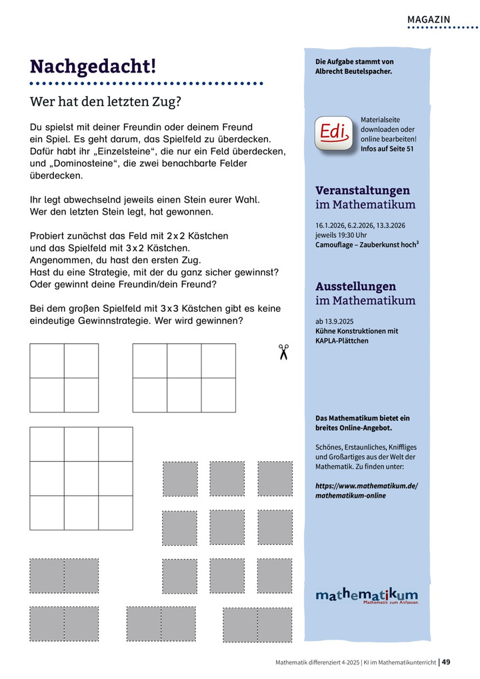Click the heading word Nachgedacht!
click(x=93, y=67)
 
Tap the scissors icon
click(x=283, y=352)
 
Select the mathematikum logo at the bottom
click(x=367, y=595)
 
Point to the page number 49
click(x=447, y=662)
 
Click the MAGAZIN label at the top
click(x=429, y=19)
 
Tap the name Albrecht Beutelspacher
click(x=353, y=71)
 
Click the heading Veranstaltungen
click(x=363, y=191)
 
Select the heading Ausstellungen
click(x=355, y=287)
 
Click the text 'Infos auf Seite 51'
click(x=387, y=149)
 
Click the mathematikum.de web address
click(x=366, y=490)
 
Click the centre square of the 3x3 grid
click(x=81, y=478)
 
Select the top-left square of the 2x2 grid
click(x=47, y=360)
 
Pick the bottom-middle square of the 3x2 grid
click(x=184, y=395)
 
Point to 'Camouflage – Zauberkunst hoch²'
click(x=367, y=245)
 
